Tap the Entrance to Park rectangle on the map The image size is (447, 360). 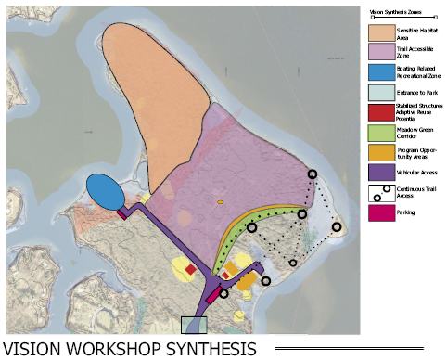pos(194,325)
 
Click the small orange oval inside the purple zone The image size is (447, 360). pos(220,201)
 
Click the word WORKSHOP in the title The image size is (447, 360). pos(112,349)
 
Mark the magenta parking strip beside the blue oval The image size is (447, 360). pos(122,213)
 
